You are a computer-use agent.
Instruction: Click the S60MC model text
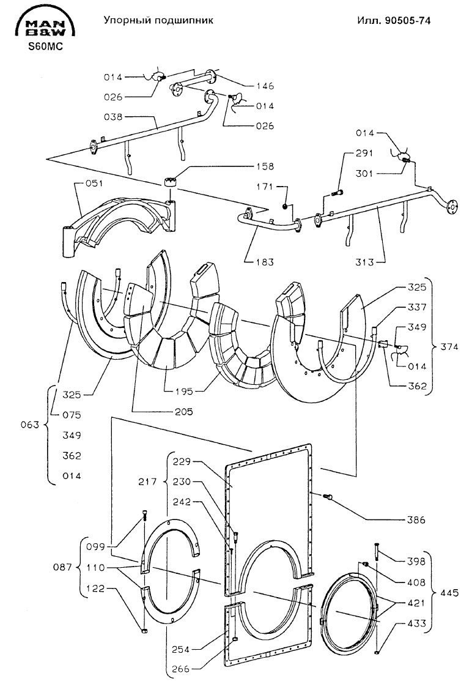click(46, 46)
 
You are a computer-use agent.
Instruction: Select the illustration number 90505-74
click(408, 21)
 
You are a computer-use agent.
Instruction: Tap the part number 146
click(265, 86)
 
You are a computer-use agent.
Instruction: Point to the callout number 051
click(94, 183)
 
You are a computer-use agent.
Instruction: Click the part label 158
click(265, 166)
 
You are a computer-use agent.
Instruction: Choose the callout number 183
click(265, 262)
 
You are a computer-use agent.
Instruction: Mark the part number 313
click(364, 262)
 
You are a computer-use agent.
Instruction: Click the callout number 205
click(183, 411)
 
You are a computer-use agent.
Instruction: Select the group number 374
click(449, 347)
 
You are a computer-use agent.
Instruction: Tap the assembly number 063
click(30, 425)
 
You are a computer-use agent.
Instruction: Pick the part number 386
click(416, 520)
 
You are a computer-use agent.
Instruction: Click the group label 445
click(449, 593)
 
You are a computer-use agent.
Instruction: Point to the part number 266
click(181, 669)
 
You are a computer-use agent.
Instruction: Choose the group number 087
click(62, 568)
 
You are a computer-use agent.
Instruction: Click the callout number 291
click(364, 153)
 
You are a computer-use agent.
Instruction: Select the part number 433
click(416, 623)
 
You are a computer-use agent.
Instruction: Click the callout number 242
click(182, 502)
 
